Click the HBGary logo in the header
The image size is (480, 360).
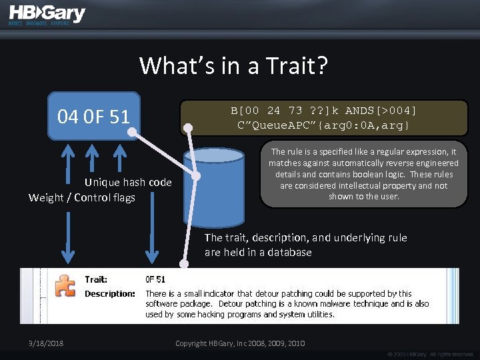[x=47, y=13]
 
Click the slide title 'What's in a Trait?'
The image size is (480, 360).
[x=233, y=65]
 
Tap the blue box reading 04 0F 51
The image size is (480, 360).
[x=94, y=117]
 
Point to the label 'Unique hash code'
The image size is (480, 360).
[x=128, y=183]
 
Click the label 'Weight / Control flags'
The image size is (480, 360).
[x=82, y=197]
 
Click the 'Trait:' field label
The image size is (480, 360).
[x=96, y=279]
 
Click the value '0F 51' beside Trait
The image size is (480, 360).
[x=155, y=279]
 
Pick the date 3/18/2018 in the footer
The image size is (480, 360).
[x=42, y=343]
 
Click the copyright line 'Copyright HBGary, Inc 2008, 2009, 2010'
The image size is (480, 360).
[x=240, y=343]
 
